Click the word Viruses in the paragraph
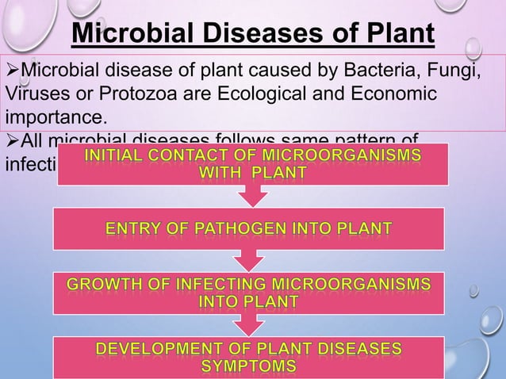click(x=36, y=97)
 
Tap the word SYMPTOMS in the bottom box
click(x=249, y=366)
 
